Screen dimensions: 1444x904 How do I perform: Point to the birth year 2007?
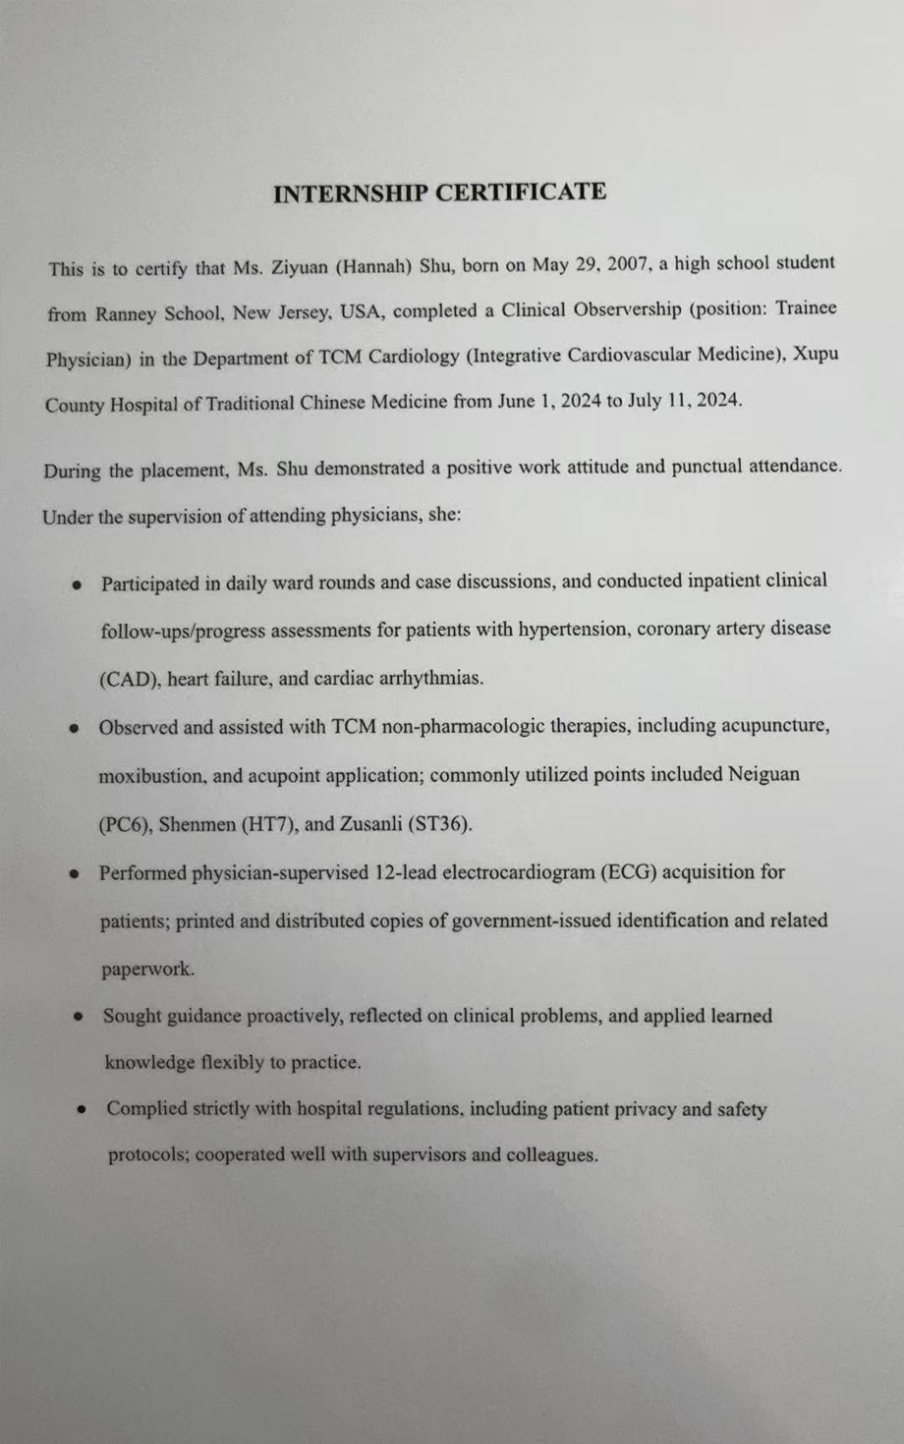coord(622,263)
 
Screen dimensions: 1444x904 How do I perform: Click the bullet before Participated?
coord(76,584)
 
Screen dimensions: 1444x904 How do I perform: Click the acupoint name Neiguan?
coord(763,773)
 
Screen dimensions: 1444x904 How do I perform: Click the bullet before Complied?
coord(84,1110)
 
